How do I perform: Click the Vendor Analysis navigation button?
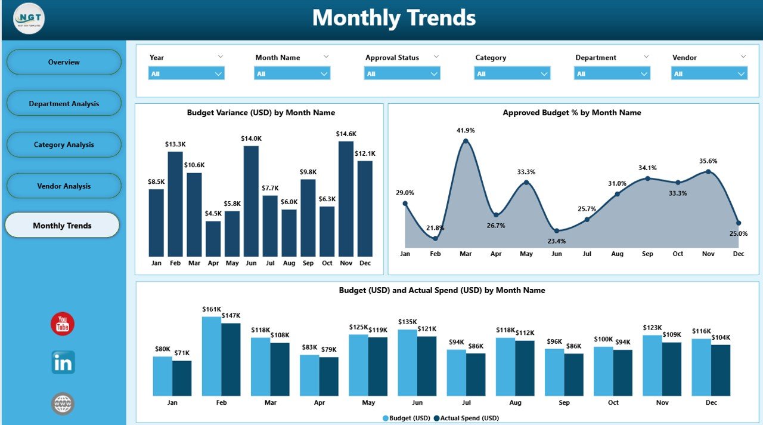click(64, 186)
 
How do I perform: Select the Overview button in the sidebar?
click(64, 62)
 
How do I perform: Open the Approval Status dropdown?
click(402, 73)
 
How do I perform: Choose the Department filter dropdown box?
click(612, 73)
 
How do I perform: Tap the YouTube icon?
click(63, 324)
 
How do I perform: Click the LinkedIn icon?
click(63, 362)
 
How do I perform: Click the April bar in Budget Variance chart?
click(213, 239)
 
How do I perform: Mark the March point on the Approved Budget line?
click(466, 141)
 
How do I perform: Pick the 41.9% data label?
click(466, 130)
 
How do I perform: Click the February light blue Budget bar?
click(212, 356)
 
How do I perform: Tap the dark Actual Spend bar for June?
click(427, 366)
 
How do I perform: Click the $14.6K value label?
click(346, 134)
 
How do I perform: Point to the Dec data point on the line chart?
click(739, 223)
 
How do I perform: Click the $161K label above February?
click(212, 309)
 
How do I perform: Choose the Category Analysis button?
click(64, 145)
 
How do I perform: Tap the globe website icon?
click(63, 404)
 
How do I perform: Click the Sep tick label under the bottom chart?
click(565, 403)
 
